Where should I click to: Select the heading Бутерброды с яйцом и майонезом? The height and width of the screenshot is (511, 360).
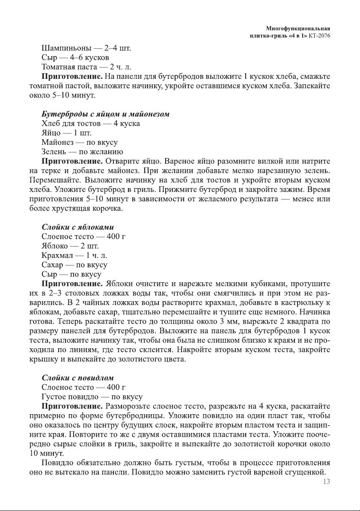click(105, 114)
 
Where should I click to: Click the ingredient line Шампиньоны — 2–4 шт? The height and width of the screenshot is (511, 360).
click(86, 48)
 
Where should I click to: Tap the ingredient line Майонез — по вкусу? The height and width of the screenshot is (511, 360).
click(79, 142)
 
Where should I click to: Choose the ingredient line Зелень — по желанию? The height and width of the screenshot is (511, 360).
click(82, 152)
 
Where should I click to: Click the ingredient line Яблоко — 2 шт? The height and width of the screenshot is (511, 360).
click(70, 246)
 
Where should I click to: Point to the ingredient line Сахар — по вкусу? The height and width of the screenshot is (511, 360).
click(74, 265)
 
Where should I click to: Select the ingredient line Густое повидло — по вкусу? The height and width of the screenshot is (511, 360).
click(92, 397)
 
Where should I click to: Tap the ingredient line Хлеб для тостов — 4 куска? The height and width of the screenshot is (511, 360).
click(90, 124)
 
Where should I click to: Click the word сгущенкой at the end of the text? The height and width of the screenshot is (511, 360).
click(307, 472)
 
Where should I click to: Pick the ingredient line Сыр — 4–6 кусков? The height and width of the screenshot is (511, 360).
click(75, 57)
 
